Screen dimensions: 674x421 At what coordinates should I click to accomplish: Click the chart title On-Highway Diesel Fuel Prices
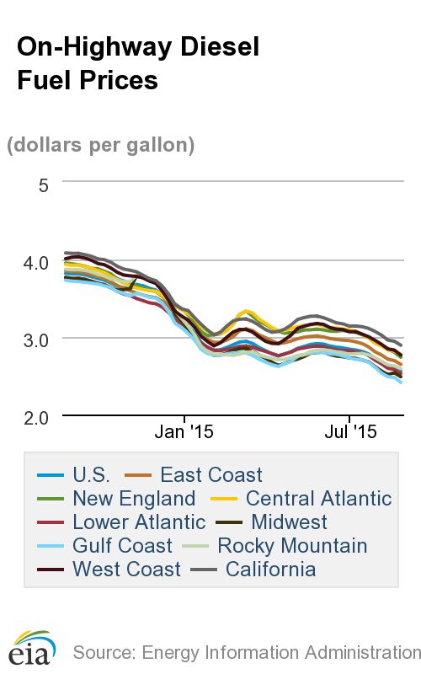[138, 63]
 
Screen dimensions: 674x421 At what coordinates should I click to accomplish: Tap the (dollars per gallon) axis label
[101, 145]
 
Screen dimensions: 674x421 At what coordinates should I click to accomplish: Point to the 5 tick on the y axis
[44, 183]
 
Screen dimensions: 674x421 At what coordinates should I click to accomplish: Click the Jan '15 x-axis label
[184, 432]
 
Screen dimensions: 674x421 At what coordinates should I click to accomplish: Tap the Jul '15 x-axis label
[349, 432]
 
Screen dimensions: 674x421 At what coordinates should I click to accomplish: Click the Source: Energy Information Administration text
[246, 651]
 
